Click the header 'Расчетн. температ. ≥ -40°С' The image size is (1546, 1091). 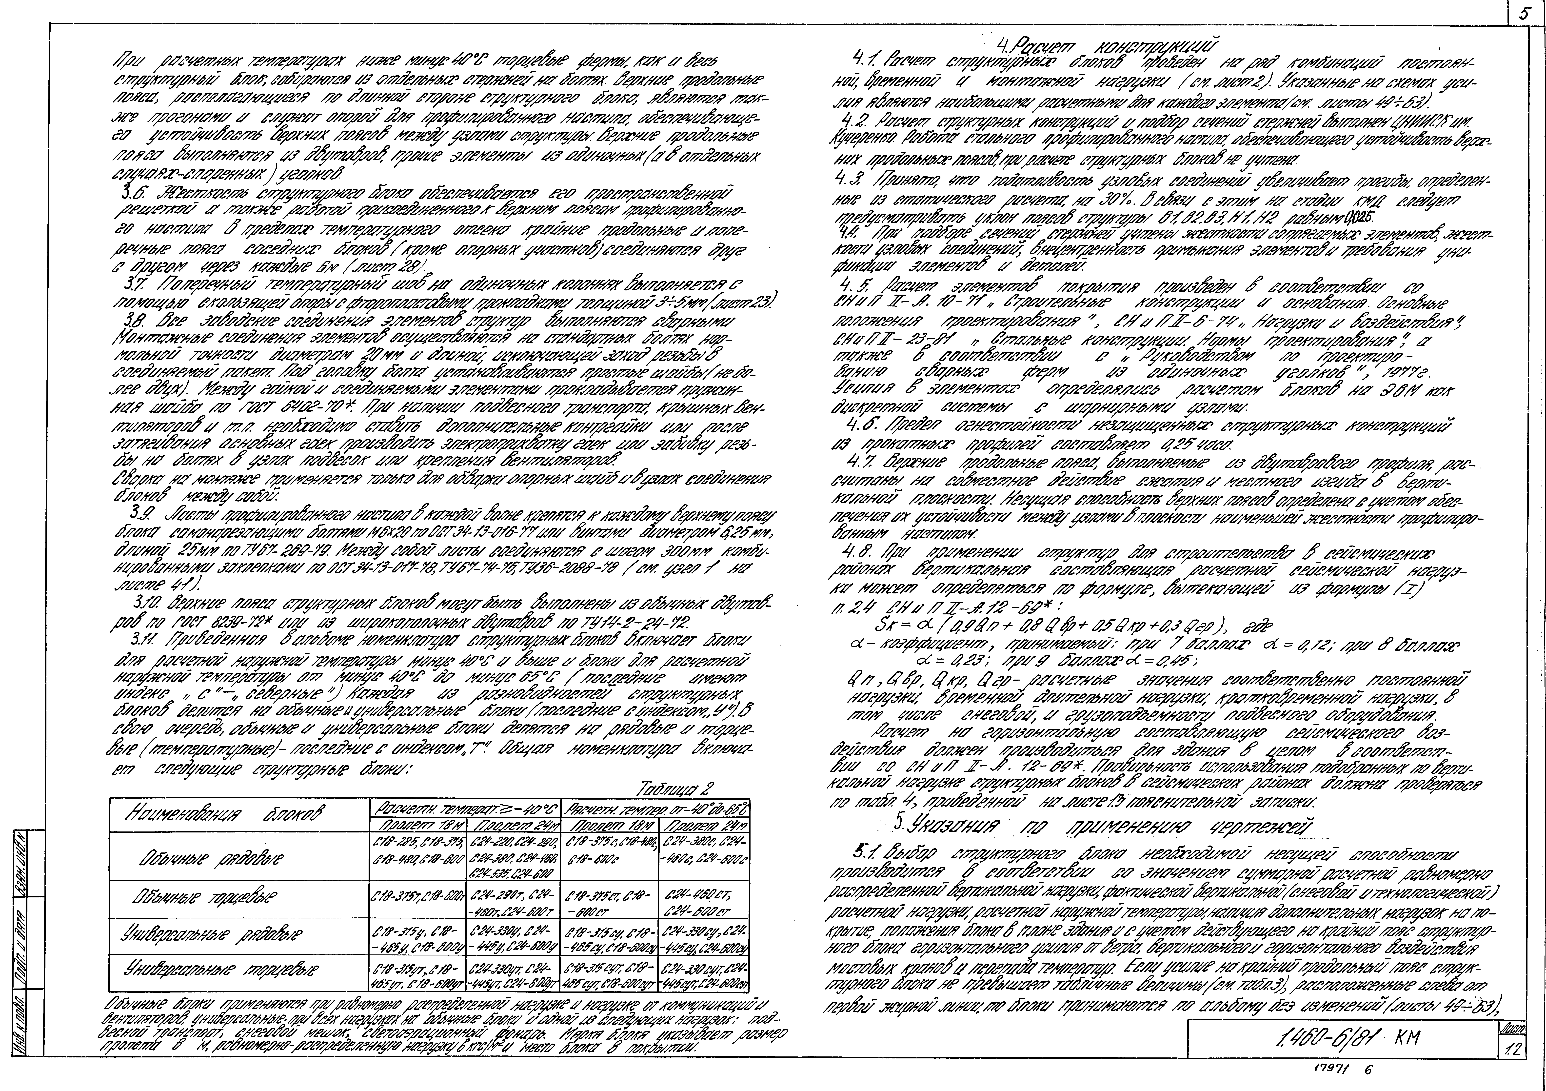point(466,807)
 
